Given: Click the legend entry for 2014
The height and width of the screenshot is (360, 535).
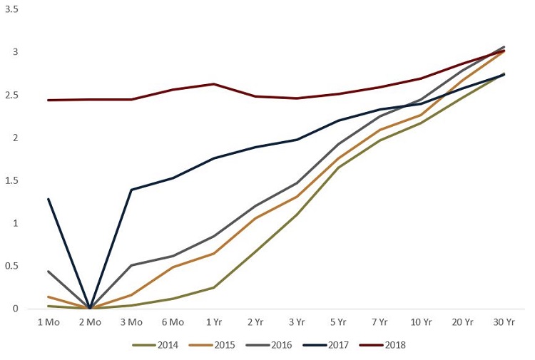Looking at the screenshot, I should (x=159, y=345).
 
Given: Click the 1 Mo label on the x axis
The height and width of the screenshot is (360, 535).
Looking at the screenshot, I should (x=48, y=322).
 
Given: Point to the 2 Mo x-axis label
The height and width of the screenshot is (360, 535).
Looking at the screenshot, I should (x=89, y=322).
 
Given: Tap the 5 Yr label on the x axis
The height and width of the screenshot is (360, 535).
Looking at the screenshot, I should (x=338, y=322).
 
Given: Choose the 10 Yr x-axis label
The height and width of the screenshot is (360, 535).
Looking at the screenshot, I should (x=421, y=322).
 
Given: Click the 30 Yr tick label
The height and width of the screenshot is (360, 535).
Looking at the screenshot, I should (x=504, y=322).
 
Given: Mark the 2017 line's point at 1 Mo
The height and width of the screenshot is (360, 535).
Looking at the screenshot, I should (x=48, y=199).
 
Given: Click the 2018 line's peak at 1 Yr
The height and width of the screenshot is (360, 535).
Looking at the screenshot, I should (x=214, y=84).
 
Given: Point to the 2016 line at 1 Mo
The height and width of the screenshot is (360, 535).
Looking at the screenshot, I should (x=48, y=272).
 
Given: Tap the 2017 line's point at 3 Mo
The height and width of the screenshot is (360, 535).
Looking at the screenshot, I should (x=131, y=190).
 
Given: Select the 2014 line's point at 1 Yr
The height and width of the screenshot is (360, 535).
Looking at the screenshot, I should (x=214, y=287).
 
